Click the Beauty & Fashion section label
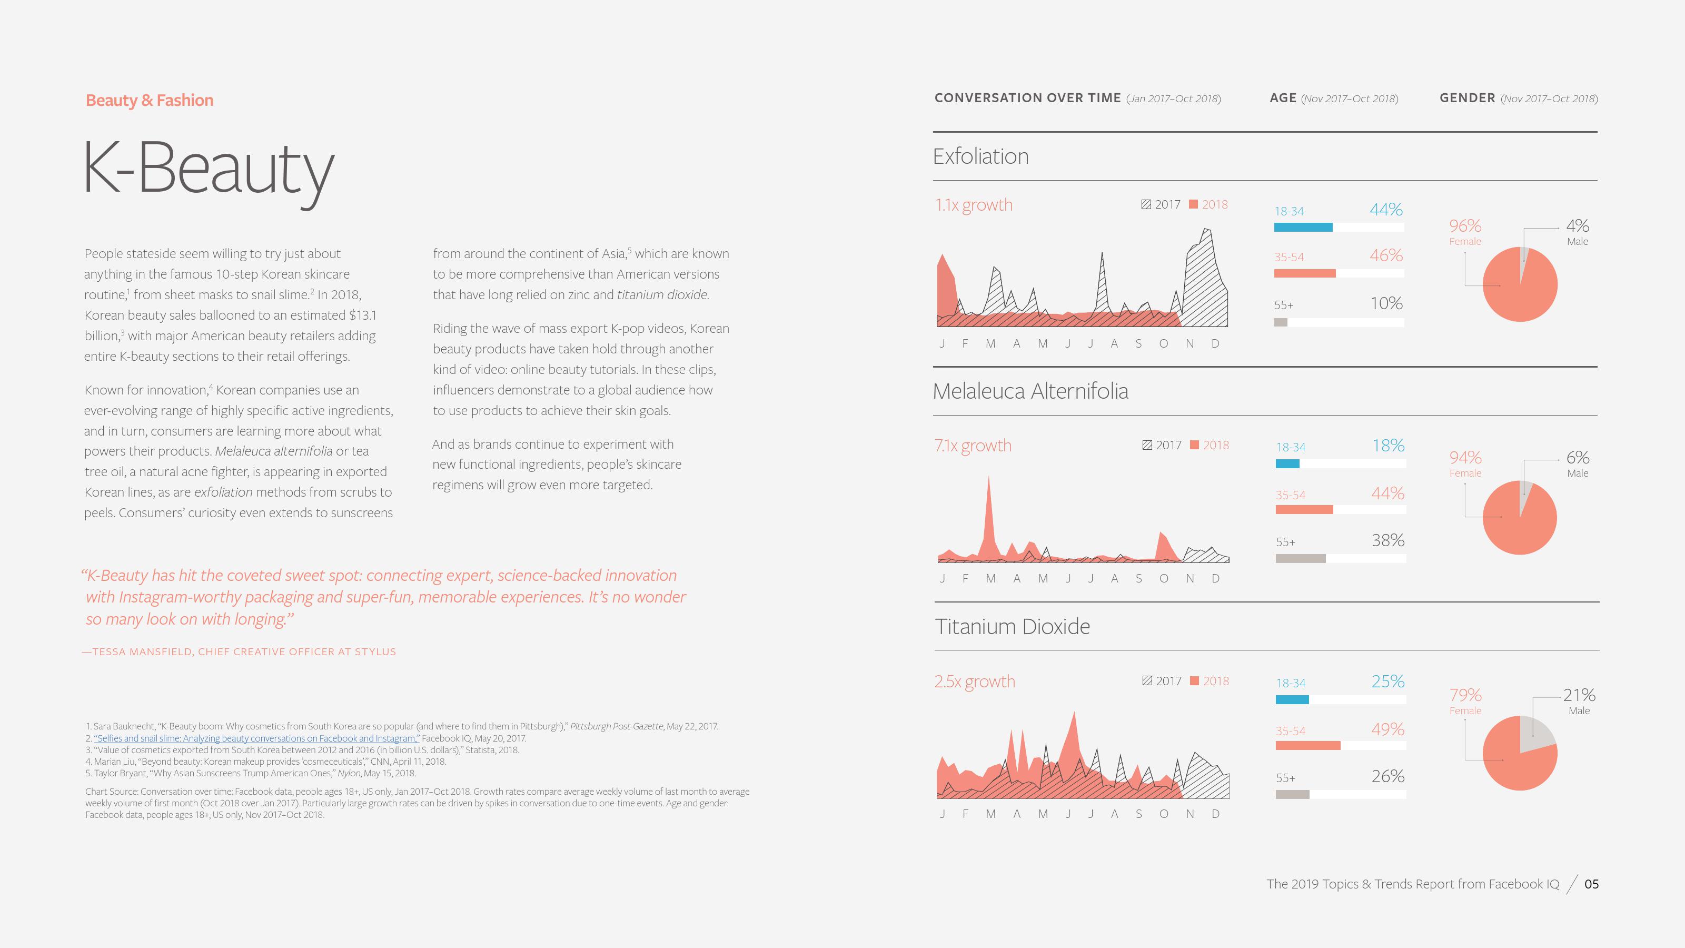149,100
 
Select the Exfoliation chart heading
980,156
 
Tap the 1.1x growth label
973,205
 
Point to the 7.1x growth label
973,446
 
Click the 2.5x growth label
975,681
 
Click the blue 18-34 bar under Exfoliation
1303,228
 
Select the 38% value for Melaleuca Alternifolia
1387,540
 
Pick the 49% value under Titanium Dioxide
1387,729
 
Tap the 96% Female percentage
1464,226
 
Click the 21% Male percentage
1579,695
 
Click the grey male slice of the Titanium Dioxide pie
1535,734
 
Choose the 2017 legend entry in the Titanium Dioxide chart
1162,681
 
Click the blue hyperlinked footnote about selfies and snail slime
256,738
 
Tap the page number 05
1591,884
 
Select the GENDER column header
1467,98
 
